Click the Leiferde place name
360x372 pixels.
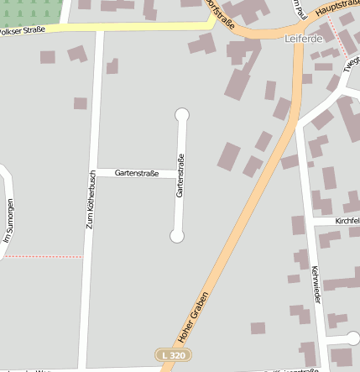coord(304,39)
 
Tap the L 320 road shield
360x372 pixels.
coord(171,356)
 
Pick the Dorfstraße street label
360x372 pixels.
coord(221,14)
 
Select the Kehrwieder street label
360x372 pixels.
coord(316,285)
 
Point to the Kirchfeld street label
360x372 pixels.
coord(347,221)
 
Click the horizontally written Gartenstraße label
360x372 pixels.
coord(137,173)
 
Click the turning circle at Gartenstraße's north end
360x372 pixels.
coord(181,115)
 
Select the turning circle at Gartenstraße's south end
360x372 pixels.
coord(176,237)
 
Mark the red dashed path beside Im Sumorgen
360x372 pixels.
coord(42,257)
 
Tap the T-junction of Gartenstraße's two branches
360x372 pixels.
coord(179,174)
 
